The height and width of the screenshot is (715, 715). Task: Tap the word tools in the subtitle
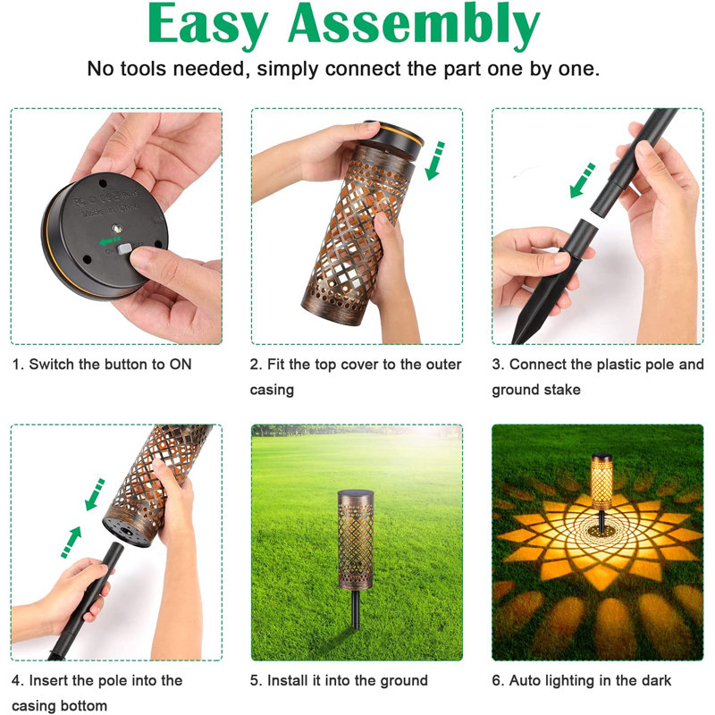pos(143,69)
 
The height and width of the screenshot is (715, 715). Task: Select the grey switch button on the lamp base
pos(124,248)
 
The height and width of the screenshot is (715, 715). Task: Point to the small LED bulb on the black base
pos(117,227)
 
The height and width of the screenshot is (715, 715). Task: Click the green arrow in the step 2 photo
pos(434,161)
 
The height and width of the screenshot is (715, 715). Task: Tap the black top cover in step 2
pos(394,139)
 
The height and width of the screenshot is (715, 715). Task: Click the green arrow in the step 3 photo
pos(583,181)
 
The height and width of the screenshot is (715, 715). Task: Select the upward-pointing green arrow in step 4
pos(71,542)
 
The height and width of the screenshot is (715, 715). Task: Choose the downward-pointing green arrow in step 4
pos(95,495)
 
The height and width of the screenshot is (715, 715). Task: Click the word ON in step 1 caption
pos(181,365)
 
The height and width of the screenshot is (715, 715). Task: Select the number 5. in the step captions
pos(257,680)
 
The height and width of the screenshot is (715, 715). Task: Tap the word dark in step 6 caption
pos(656,680)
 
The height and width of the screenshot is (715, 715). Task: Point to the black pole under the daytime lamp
pos(356,610)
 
